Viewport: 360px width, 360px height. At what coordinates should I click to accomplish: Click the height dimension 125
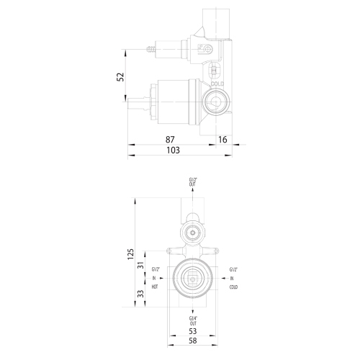[x=132, y=254]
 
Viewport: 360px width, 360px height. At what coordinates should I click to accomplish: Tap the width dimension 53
[x=193, y=330]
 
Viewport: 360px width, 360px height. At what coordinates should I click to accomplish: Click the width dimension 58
[x=193, y=341]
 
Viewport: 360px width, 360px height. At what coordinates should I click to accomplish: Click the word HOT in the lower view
[x=155, y=287]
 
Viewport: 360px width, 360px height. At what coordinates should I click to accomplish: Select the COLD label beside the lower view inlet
[x=233, y=287]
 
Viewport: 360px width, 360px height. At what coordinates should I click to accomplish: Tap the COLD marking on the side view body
[x=218, y=84]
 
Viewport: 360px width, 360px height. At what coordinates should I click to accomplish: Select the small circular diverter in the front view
[x=192, y=233]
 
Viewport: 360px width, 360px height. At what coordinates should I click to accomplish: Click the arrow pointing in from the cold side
[x=223, y=278]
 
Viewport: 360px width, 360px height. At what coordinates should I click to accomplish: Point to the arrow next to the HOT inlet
[x=161, y=278]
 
